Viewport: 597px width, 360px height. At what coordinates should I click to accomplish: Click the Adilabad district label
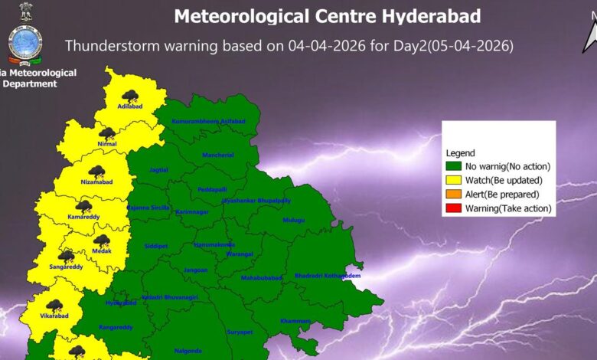coord(131,106)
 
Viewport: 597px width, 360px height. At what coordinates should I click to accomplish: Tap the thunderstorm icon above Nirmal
coord(107,133)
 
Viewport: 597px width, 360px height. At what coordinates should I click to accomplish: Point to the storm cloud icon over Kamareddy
coord(83,206)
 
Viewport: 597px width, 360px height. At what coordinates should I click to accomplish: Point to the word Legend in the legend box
coord(459,153)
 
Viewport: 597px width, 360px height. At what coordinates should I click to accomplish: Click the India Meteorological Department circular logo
coord(25,44)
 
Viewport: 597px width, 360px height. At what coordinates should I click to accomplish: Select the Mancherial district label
coord(217,155)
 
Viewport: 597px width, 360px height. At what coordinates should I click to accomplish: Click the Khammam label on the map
coord(295,320)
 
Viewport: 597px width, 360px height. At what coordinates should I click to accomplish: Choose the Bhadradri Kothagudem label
coord(327,275)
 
